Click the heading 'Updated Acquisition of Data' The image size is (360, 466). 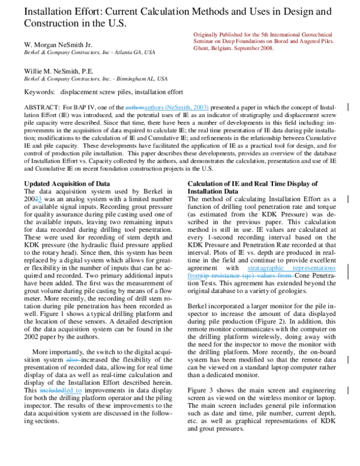(67, 183)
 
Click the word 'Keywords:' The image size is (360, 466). (39, 92)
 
